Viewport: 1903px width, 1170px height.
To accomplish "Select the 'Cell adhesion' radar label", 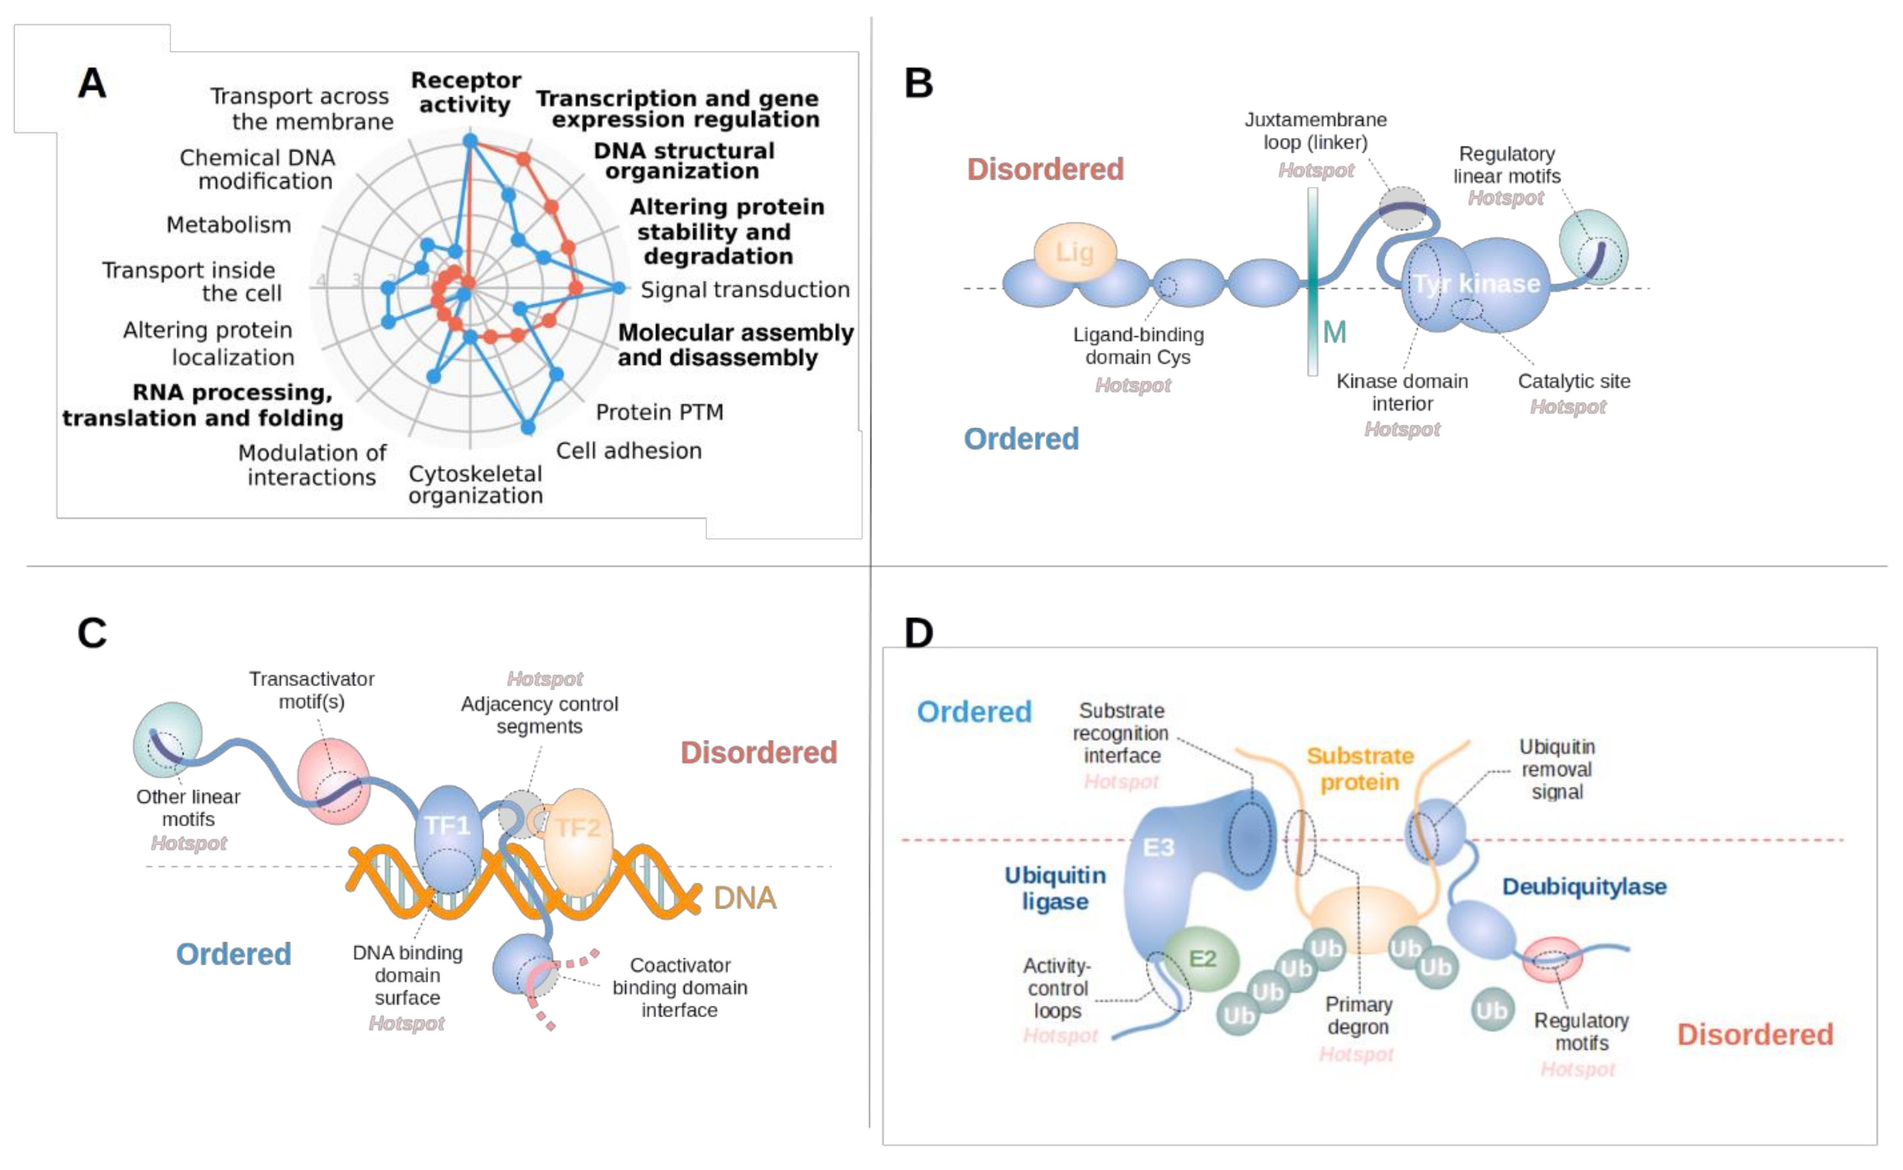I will [x=628, y=450].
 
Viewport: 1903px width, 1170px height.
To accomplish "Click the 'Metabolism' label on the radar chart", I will [x=228, y=225].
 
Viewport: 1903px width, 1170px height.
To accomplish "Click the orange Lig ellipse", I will [x=1075, y=252].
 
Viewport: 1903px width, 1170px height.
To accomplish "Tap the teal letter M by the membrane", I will [x=1334, y=332].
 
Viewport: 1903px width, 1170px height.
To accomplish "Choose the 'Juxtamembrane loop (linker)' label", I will [x=1315, y=131].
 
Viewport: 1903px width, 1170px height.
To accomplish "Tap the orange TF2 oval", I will [x=578, y=839].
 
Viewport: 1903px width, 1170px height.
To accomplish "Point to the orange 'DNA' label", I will [x=744, y=898].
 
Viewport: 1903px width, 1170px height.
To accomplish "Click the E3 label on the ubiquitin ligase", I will [x=1158, y=847].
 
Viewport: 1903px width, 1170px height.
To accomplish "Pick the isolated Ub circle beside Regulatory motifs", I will [x=1491, y=1010].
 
